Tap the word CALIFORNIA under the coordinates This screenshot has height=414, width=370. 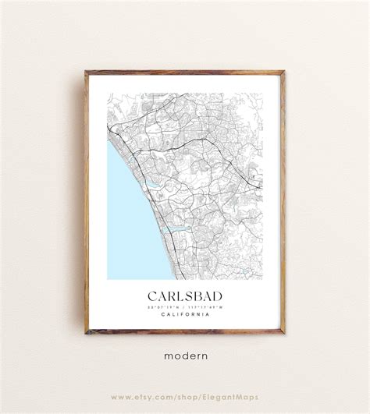coord(185,314)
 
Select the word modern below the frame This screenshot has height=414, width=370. coord(186,356)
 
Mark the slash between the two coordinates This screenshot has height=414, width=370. coord(185,306)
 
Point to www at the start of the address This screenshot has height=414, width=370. coord(121,397)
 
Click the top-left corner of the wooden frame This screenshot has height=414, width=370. coord(87,73)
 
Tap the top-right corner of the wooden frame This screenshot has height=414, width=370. coord(283,73)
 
